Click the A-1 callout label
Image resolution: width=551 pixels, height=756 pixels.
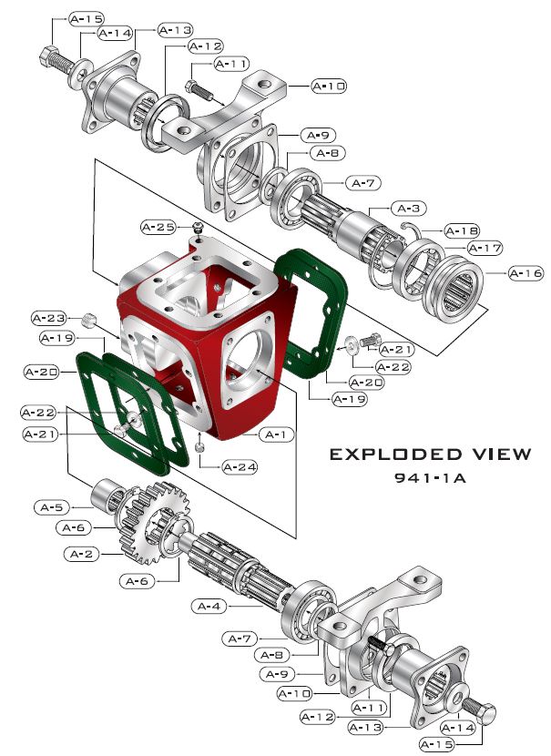278,434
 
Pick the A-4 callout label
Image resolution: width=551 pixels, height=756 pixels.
210,606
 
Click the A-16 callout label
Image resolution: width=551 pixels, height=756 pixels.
525,272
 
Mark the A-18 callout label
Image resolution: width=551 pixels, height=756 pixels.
464,230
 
